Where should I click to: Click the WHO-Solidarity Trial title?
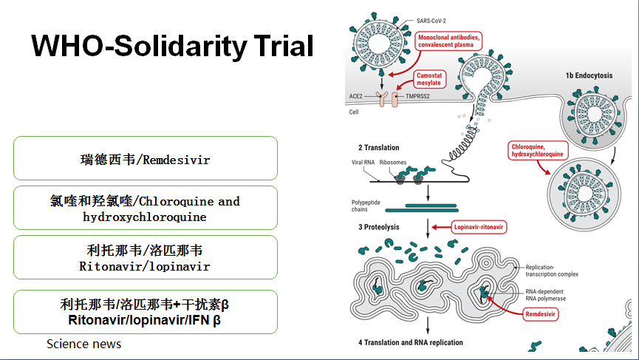tap(172, 47)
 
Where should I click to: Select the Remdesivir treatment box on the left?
tap(145, 158)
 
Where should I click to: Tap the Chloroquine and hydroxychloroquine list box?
tap(145, 208)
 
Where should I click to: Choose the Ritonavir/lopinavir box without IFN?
tap(145, 257)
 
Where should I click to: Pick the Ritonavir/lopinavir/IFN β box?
tap(145, 312)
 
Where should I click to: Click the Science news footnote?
tap(83, 344)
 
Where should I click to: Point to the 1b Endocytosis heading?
tap(588, 75)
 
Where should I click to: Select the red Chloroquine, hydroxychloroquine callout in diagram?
tap(538, 151)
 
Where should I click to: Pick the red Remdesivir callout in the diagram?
tap(540, 313)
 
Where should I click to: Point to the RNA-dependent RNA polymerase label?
tap(547, 296)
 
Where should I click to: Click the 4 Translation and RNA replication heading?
tap(411, 342)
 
